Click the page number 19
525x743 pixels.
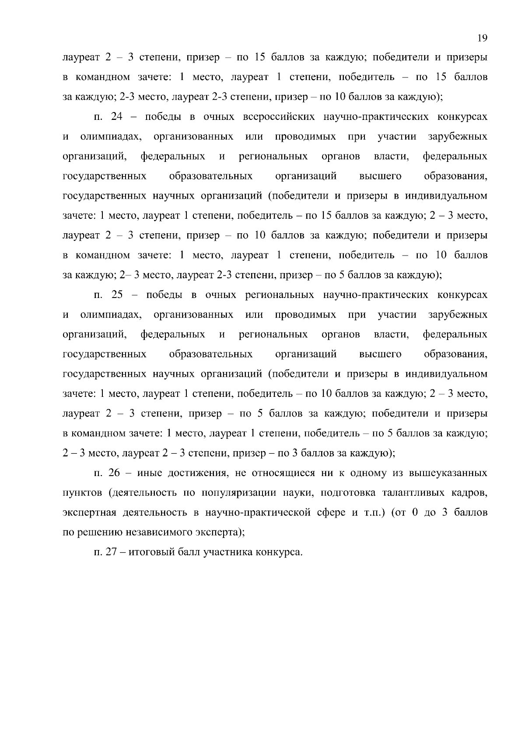(x=482, y=38)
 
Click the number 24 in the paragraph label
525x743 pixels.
(x=118, y=117)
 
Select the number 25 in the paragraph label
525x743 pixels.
(x=118, y=295)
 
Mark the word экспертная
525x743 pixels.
(x=87, y=513)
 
